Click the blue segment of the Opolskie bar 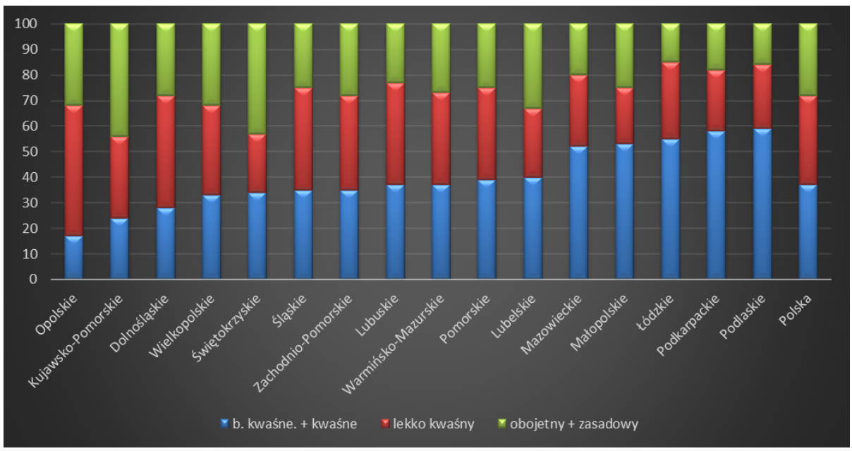point(73,258)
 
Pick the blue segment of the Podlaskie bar point(762,204)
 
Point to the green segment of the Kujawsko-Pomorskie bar point(119,80)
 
